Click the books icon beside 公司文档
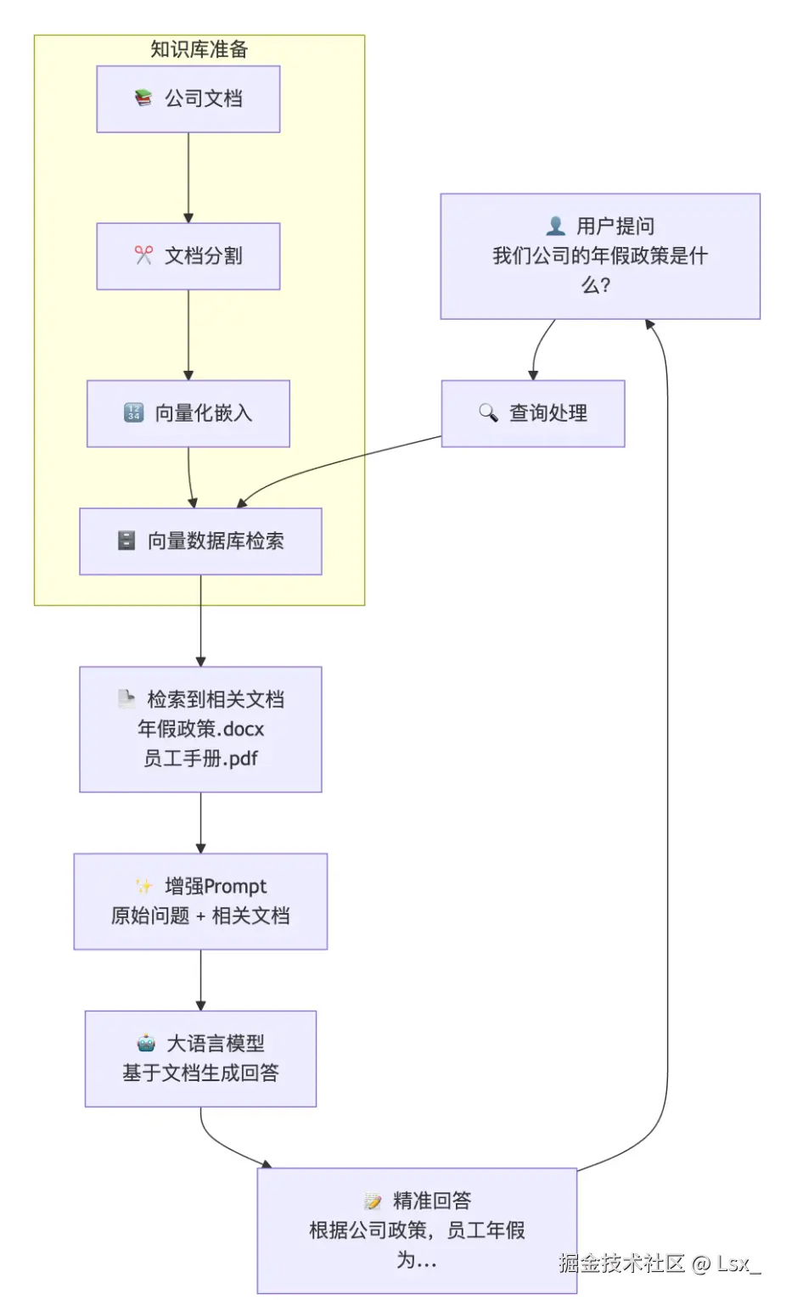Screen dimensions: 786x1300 pos(143,98)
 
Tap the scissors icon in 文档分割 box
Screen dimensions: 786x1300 pos(143,255)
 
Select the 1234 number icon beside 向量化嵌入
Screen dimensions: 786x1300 pos(133,412)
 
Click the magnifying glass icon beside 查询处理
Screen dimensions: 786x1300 pos(488,412)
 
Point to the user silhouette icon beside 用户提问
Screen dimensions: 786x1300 pos(555,226)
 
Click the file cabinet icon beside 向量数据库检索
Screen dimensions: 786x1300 pos(126,541)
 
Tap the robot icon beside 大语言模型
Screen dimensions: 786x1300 pos(146,1043)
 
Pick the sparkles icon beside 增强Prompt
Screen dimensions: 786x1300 pos(143,886)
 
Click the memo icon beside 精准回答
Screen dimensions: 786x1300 pos(373,1200)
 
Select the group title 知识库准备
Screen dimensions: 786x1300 pos(199,49)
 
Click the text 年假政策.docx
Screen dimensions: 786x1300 pos(201,729)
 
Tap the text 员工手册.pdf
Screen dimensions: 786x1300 pos(201,759)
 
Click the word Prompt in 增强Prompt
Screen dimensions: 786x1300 pos(235,887)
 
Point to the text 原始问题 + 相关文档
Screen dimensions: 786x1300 pos(200,916)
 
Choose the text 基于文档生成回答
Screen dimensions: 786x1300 pos(201,1073)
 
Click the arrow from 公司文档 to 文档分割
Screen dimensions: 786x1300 pos(188,177)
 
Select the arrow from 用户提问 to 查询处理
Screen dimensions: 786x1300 pos(540,347)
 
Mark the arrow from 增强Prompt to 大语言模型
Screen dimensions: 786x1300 pos(201,980)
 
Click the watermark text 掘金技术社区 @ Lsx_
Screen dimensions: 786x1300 pos(660,1264)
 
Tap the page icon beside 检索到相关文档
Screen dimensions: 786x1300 pos(126,698)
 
